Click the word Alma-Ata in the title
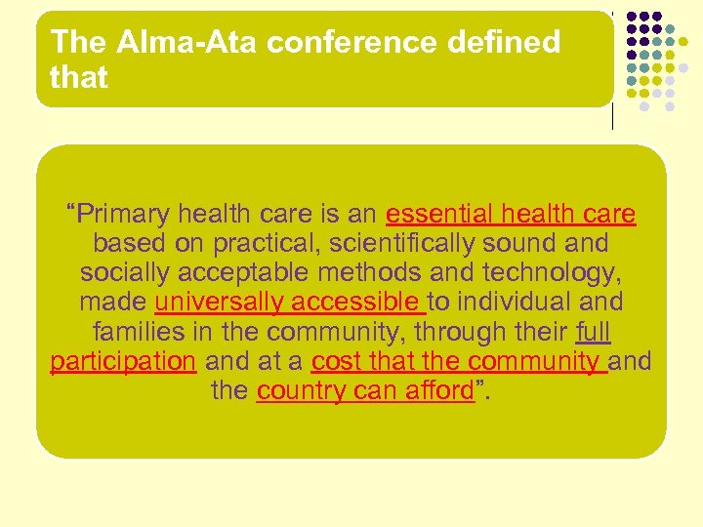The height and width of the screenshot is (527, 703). [x=161, y=42]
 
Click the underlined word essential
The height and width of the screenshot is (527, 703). [x=439, y=214]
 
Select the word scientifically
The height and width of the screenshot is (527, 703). [x=372, y=243]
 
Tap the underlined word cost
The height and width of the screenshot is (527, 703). [x=334, y=361]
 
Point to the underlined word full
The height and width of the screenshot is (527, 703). [x=593, y=332]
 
